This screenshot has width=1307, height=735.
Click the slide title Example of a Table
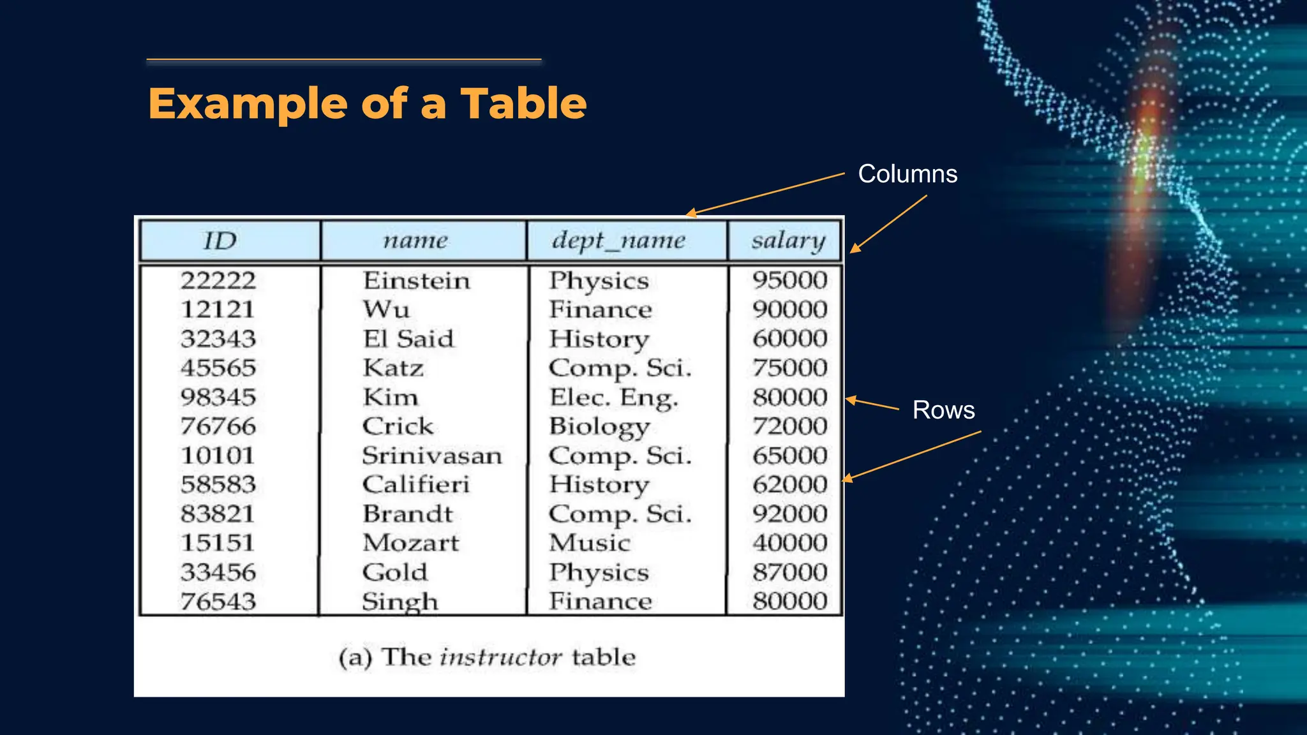point(367,103)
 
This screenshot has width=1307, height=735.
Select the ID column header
point(220,241)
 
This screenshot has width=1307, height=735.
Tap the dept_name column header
point(618,241)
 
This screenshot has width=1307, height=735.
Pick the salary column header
point(788,241)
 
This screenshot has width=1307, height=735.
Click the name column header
point(415,241)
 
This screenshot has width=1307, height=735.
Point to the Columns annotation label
point(907,174)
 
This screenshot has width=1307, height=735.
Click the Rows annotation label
point(943,410)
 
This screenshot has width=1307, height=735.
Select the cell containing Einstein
point(416,281)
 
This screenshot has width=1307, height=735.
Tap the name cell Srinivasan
point(432,456)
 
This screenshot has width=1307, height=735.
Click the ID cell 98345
point(218,397)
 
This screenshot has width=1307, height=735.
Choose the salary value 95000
point(789,280)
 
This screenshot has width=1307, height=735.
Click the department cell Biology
point(599,427)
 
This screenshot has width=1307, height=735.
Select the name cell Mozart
point(410,543)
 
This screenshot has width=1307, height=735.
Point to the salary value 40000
point(789,543)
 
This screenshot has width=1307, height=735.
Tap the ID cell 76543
point(218,602)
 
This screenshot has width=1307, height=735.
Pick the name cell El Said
point(408,339)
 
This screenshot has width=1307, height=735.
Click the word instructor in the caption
point(501,657)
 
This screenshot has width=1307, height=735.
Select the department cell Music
point(590,543)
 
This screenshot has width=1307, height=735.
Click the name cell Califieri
point(415,484)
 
